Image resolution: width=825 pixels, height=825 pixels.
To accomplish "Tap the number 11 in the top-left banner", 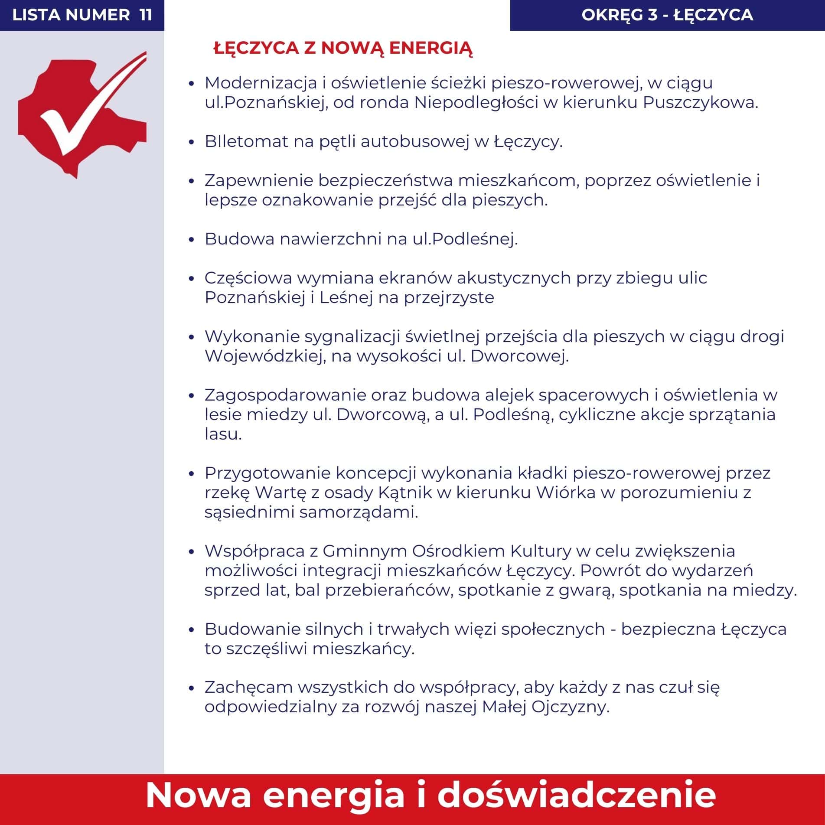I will tap(146, 15).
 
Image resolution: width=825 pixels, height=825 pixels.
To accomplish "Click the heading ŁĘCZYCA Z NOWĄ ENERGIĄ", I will tap(343, 48).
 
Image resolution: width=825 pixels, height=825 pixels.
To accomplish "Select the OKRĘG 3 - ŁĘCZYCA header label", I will tap(667, 15).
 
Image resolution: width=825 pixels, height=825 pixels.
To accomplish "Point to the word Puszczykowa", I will tap(700, 103).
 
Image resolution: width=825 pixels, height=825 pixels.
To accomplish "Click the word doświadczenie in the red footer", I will tap(576, 795).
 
